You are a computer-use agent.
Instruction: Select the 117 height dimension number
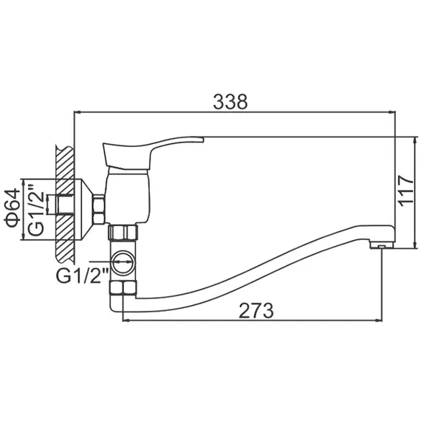coord(404,194)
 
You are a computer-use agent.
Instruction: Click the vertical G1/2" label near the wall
coord(32,211)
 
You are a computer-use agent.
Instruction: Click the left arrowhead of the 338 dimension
coord(76,113)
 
